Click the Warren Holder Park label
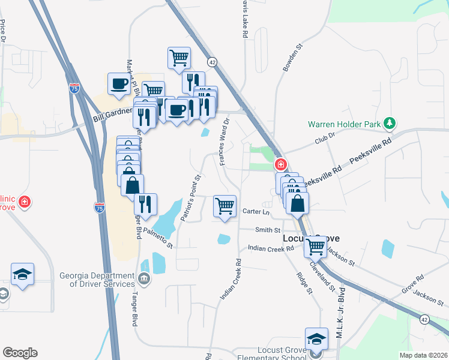pos(345,125)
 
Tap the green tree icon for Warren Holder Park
pos(390,123)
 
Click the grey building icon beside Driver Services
pos(145,277)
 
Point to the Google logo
pos(20,353)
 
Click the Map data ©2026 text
pos(423,355)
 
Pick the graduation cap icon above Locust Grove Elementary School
pos(316,338)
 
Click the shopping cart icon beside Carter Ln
pos(225,206)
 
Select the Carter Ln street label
pos(257,211)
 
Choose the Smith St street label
pos(268,230)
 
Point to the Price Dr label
pos(4,31)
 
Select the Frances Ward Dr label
pos(225,141)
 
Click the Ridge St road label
pos(305,283)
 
